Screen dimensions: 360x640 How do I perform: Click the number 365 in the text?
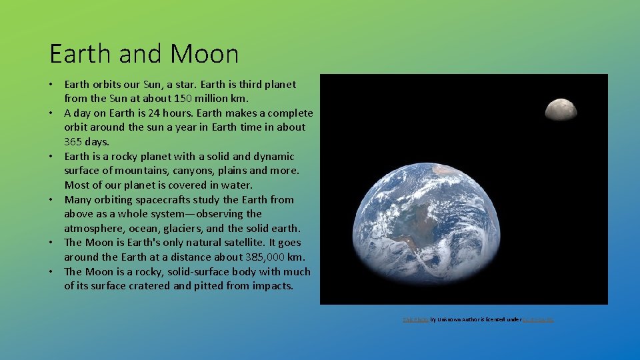(73, 141)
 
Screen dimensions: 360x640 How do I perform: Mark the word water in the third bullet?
(237, 185)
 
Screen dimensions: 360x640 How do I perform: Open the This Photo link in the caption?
(415, 320)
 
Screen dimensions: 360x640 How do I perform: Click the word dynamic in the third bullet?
(273, 156)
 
